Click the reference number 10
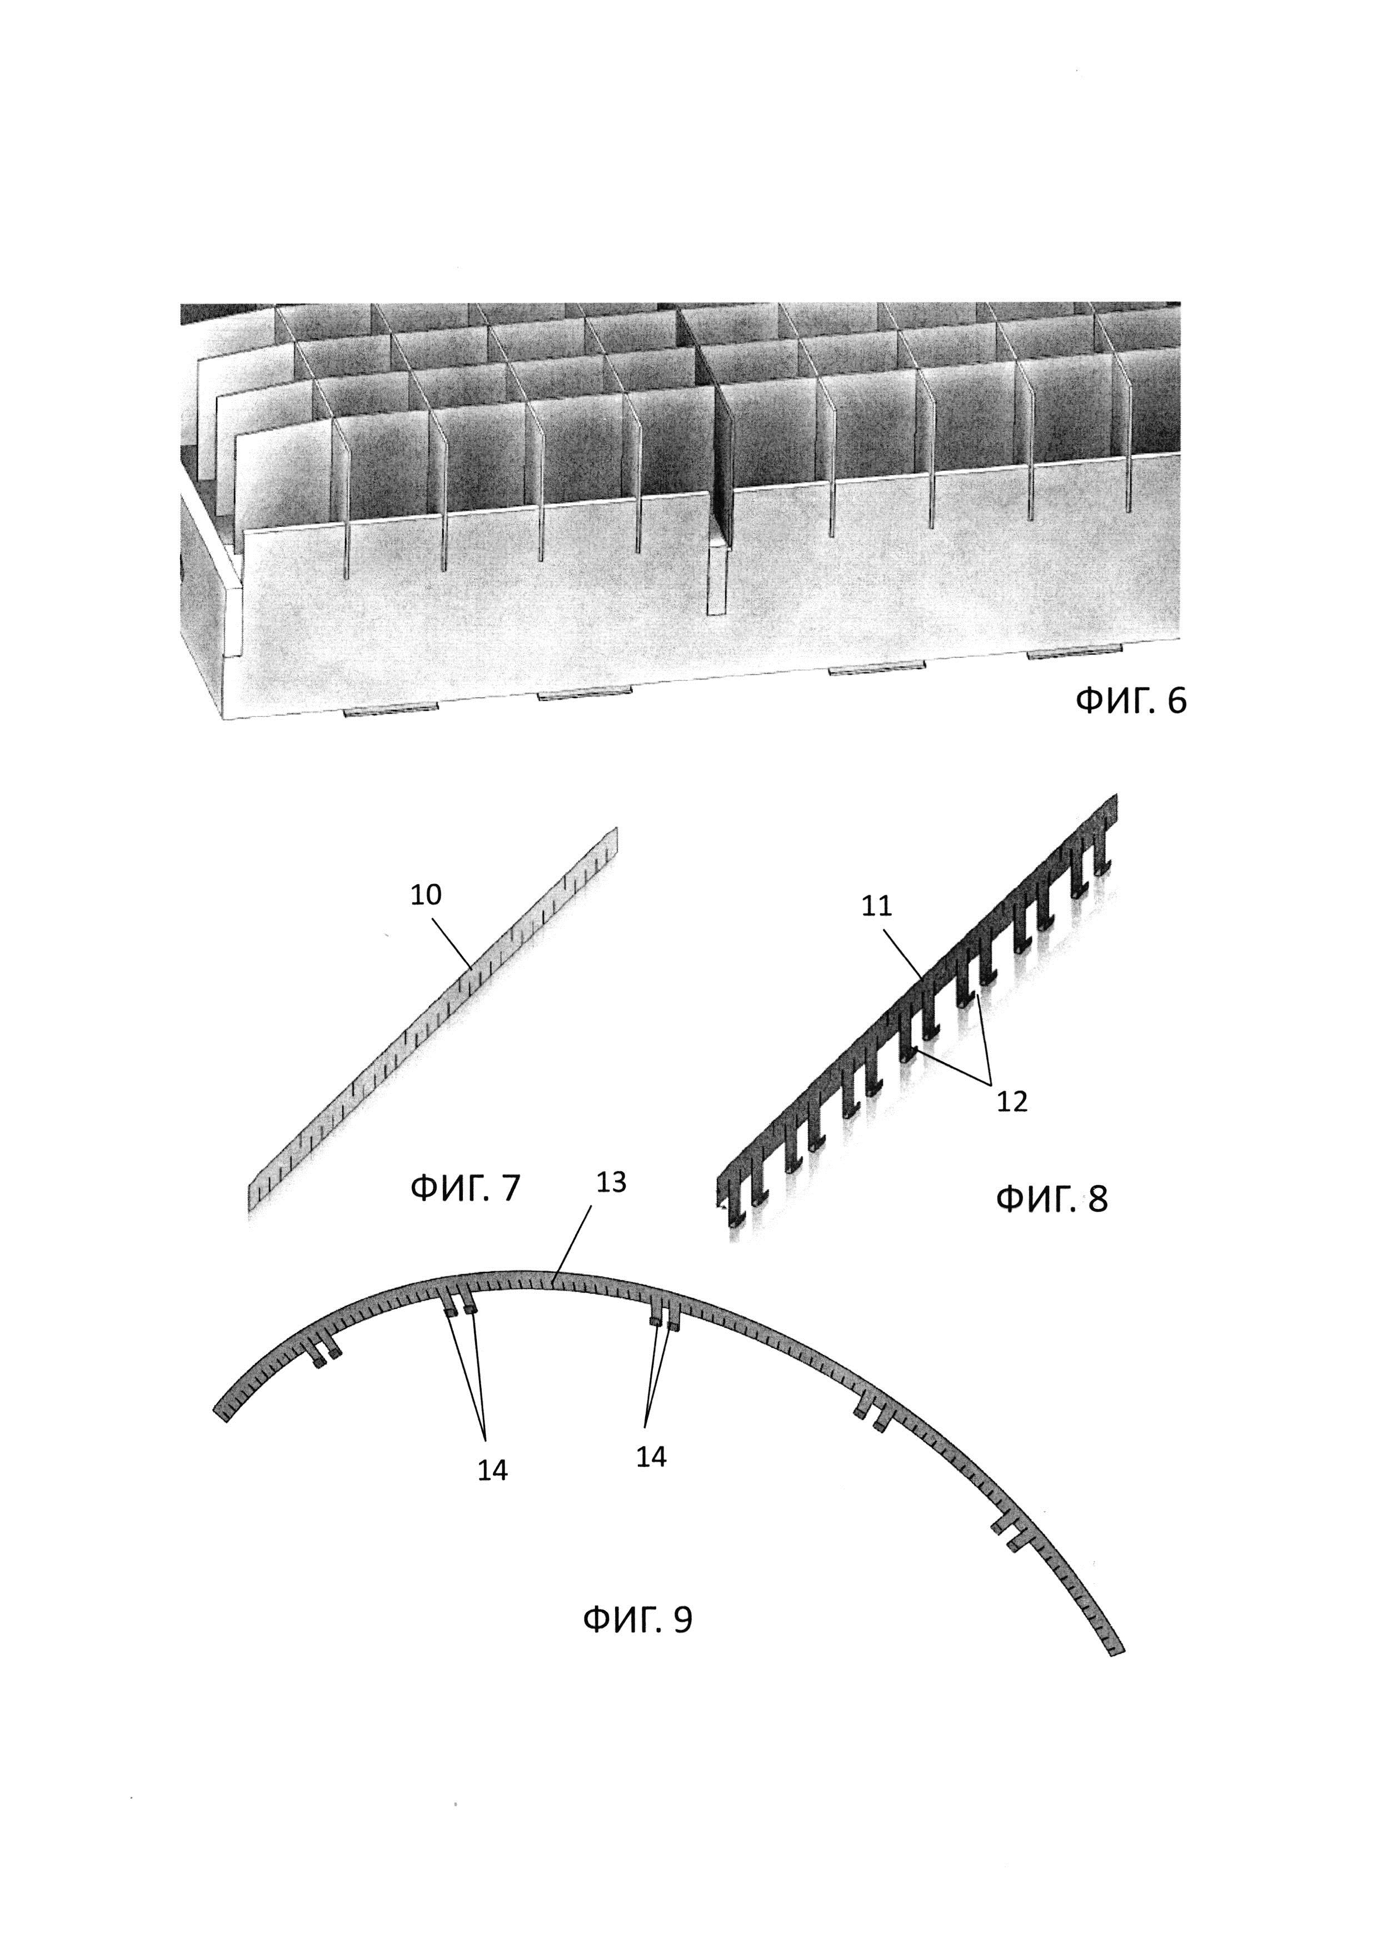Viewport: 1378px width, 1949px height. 426,895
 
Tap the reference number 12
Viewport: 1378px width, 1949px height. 1012,1102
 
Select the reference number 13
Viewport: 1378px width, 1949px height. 611,1183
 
